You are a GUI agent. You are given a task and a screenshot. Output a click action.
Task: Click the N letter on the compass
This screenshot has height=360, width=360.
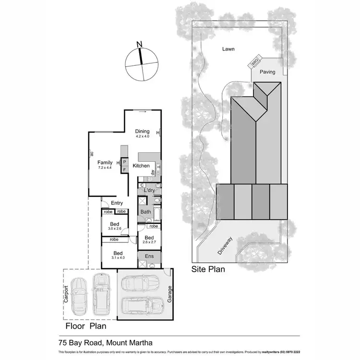(140, 45)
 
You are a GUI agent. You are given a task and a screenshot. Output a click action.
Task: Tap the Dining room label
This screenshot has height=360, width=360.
(142, 132)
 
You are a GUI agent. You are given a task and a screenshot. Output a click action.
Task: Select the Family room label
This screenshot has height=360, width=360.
(105, 162)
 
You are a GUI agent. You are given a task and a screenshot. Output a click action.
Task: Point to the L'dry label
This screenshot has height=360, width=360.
(149, 191)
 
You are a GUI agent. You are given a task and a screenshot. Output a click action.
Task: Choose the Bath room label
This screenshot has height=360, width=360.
(145, 211)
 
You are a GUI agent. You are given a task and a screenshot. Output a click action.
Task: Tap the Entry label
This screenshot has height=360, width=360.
(110, 203)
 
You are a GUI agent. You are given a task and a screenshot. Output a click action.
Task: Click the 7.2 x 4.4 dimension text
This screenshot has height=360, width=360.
(105, 168)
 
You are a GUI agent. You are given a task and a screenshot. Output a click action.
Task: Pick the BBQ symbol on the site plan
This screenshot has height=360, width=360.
(255, 61)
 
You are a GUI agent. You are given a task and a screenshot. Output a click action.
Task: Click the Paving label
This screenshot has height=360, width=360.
(267, 72)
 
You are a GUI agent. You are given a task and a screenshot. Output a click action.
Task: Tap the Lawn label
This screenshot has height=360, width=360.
(228, 49)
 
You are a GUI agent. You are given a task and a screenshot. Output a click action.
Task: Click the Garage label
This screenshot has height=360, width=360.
(169, 293)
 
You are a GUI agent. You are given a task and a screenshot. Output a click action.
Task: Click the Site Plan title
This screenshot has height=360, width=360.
(208, 269)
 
